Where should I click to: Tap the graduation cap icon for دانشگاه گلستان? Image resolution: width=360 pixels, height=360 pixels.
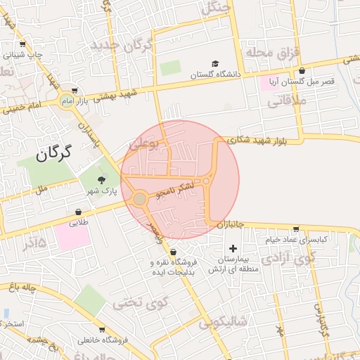[x=216, y=63]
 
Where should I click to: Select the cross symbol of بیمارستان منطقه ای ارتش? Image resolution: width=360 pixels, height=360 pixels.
[x=233, y=248]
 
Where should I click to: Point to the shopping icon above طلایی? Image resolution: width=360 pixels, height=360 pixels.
[x=78, y=212]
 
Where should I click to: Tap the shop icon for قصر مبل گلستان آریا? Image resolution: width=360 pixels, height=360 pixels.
[x=302, y=71]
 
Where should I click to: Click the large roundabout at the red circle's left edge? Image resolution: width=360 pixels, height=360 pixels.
[x=140, y=200]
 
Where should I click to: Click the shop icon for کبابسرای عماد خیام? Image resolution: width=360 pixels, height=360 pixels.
[x=296, y=229]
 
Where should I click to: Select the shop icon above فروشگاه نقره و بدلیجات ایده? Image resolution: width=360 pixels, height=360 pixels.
[x=173, y=252]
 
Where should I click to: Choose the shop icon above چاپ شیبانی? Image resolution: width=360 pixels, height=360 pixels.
[x=24, y=44]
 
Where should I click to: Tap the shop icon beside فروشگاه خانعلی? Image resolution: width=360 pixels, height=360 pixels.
[x=103, y=330]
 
